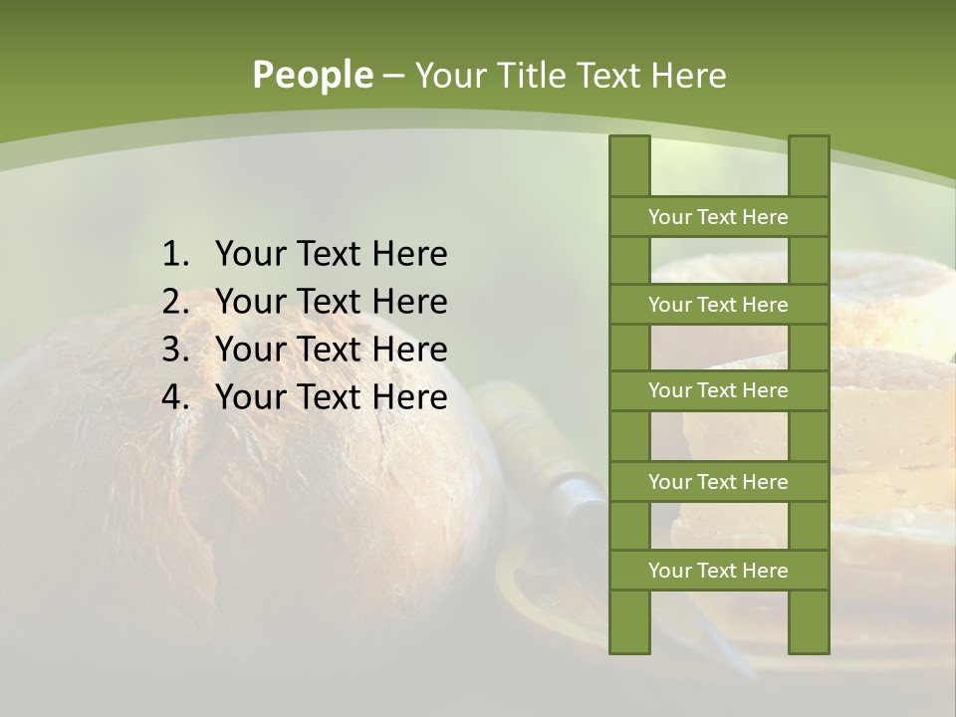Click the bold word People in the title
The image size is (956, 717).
point(313,76)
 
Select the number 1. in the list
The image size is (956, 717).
point(175,255)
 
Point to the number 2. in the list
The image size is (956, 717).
point(175,302)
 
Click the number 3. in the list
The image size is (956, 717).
point(175,350)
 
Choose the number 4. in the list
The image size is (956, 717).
point(175,397)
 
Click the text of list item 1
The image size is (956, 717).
point(331,255)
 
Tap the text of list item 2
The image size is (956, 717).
point(331,302)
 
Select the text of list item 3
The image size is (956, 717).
point(331,350)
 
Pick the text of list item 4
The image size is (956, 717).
point(331,397)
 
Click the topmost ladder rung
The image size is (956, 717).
point(718,217)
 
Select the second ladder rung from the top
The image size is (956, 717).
point(718,305)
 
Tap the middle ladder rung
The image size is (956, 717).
point(718,391)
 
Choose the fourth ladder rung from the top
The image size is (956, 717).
point(718,482)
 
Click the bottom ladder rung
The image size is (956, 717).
point(718,571)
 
